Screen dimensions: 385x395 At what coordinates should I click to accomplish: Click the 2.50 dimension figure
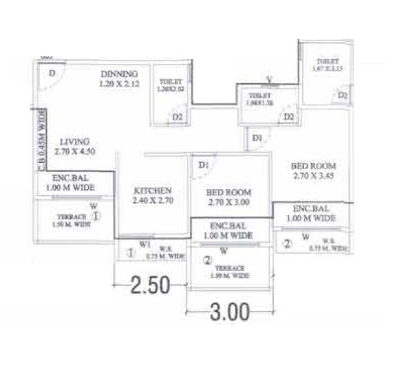149,285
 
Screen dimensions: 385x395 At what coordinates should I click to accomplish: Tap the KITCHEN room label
152,190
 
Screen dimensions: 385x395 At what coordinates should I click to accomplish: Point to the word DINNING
119,74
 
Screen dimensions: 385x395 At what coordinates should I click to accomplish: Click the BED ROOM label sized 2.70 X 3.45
313,166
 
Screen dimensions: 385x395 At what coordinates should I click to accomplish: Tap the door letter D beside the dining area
52,74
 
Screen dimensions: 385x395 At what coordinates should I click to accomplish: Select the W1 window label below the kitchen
145,243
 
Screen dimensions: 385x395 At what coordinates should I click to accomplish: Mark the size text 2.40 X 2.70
152,202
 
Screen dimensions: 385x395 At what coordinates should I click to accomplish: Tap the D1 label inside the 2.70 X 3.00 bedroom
203,164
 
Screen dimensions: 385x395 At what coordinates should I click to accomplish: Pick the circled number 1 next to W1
130,253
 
